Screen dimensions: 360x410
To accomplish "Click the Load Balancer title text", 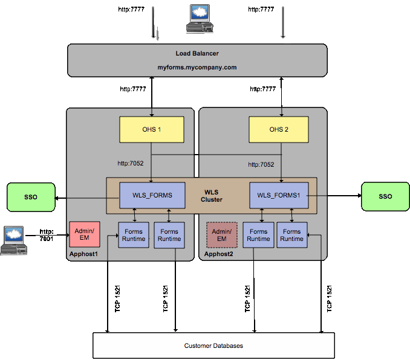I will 197,54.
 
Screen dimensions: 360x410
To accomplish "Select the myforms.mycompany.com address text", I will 197,68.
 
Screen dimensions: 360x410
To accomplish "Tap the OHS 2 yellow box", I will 279,130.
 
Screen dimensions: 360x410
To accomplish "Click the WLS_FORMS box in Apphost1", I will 152,195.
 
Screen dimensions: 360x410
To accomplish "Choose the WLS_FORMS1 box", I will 279,195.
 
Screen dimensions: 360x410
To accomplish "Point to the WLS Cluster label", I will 212,196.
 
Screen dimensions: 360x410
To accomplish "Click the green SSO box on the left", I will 30,197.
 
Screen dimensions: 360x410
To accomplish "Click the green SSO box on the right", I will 385,197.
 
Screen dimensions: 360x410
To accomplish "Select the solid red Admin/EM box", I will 84,234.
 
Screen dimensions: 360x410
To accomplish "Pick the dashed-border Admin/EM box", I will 221,235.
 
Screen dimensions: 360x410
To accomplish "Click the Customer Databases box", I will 213,346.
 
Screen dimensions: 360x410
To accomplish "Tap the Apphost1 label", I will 84,255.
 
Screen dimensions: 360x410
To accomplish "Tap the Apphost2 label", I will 218,255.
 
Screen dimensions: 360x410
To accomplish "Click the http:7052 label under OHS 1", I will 130,163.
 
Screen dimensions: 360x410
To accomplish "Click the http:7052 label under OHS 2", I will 261,164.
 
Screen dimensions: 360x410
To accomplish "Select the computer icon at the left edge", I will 13,240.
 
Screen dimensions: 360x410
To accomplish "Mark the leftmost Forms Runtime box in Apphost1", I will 134,235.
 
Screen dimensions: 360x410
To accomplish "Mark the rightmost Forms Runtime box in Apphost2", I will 291,235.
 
